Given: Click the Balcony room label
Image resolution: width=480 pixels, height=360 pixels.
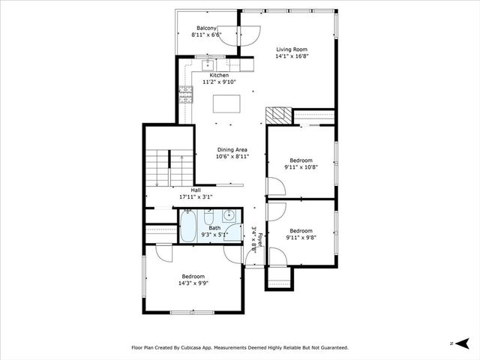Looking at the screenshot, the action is [206, 28].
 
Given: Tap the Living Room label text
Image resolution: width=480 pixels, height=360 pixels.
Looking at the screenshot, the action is [292, 49].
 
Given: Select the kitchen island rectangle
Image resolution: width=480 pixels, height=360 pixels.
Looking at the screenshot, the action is [226, 104].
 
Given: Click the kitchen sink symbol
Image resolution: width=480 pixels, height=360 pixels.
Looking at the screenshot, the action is [208, 65].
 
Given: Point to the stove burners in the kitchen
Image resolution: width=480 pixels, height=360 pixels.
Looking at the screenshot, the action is [186, 95].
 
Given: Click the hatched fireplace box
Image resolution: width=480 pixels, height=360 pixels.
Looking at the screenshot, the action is [278, 115].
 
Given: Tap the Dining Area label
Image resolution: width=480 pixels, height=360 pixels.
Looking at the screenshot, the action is [232, 150].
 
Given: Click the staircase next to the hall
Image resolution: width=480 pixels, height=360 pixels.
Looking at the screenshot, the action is [169, 168].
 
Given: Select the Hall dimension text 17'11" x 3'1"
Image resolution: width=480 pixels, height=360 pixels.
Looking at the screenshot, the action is [196, 196].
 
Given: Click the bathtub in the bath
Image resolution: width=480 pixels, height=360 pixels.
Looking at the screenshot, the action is [187, 226].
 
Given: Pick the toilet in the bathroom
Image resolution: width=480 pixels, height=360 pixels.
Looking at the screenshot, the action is [208, 217].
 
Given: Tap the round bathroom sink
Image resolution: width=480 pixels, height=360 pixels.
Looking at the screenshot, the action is [229, 216].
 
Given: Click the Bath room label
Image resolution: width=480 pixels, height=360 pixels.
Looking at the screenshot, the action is [214, 228].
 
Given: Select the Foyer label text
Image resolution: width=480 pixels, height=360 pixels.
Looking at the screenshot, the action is [260, 240].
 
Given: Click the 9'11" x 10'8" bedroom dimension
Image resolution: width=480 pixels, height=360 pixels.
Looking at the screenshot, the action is [301, 167].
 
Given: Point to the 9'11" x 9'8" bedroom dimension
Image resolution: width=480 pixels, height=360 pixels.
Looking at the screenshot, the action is [301, 238].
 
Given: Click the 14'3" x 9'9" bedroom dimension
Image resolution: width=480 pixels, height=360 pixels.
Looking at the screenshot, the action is [193, 283].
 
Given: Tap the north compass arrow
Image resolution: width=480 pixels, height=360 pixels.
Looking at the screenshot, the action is [462, 343].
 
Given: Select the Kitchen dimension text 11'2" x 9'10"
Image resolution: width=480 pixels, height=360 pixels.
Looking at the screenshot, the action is [219, 82].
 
